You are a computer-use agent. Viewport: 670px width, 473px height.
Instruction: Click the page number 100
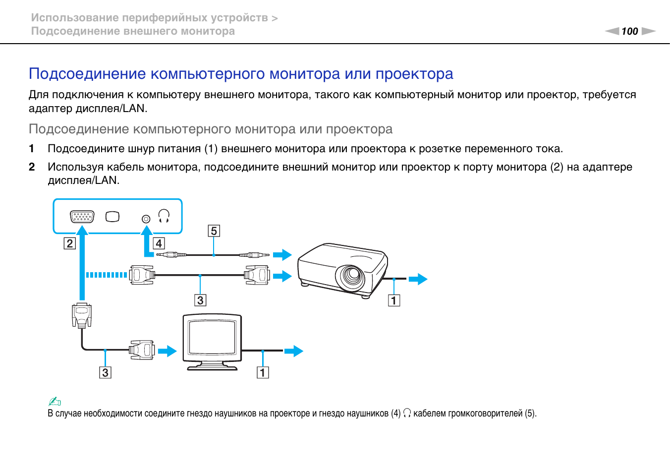[629, 31]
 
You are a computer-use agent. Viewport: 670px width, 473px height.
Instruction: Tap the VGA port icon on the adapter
[82, 217]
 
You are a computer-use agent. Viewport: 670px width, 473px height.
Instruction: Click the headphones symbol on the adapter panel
[164, 216]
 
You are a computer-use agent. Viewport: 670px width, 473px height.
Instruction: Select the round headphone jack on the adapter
[146, 219]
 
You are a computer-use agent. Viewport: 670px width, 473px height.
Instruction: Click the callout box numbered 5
[214, 231]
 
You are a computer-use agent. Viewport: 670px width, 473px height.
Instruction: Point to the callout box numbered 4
[159, 243]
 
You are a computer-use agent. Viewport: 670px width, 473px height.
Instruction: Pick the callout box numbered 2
[70, 243]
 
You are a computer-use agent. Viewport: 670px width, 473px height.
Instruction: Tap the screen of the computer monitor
[212, 337]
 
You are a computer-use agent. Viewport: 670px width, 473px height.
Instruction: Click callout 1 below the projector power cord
[394, 300]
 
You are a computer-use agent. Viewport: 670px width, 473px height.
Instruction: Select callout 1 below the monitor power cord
[263, 372]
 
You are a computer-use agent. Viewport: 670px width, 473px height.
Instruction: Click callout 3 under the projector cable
[200, 300]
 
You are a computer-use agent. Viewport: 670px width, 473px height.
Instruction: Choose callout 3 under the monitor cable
[105, 372]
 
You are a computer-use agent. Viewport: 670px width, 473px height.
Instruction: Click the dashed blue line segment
[107, 275]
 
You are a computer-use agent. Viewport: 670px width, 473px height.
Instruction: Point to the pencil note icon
[55, 401]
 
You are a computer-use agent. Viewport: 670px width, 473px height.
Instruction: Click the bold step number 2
[32, 167]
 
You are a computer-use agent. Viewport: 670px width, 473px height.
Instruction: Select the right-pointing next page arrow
[648, 31]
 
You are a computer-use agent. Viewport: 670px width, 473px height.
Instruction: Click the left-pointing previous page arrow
[612, 31]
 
